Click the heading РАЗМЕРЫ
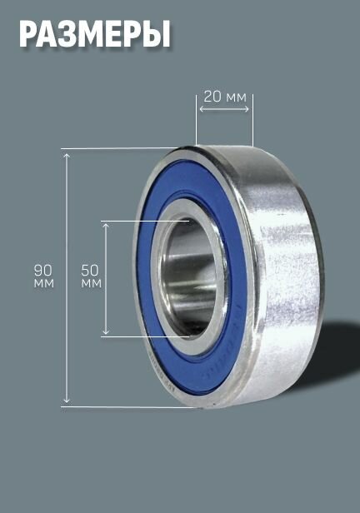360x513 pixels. click(95, 34)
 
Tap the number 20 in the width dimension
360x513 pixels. click(212, 97)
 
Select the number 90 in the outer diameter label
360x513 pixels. click(43, 271)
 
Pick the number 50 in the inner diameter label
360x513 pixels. click(90, 271)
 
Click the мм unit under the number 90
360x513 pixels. click(44, 283)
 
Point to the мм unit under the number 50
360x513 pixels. click(92, 283)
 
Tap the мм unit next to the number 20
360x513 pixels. click(235, 97)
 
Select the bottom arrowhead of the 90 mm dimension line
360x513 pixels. click(67, 400)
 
